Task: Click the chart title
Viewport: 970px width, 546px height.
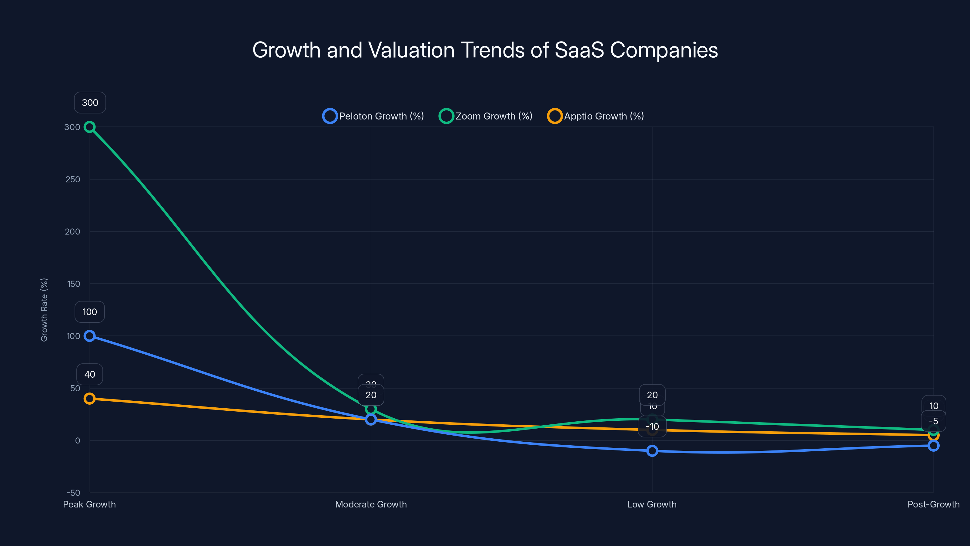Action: point(485,50)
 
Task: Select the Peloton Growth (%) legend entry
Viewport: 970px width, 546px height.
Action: point(373,116)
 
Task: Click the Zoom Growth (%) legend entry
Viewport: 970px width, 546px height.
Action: point(486,116)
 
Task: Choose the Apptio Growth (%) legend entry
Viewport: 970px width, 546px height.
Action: point(596,116)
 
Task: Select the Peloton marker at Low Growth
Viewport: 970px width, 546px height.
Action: point(652,451)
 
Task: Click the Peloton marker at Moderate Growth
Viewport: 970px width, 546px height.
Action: point(371,420)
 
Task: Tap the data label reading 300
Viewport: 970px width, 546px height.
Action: point(90,103)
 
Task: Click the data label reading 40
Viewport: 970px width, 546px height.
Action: point(90,374)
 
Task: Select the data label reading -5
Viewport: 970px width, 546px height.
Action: point(934,421)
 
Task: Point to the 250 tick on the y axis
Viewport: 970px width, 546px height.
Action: point(73,179)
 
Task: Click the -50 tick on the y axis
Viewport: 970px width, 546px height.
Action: point(73,493)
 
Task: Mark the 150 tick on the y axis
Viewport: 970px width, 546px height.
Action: point(73,284)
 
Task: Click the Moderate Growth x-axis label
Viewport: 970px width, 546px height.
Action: point(371,504)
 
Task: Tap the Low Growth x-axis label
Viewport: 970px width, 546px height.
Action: point(652,504)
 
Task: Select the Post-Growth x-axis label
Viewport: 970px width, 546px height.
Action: point(933,504)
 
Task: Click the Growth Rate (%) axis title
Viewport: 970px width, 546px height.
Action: point(44,310)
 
